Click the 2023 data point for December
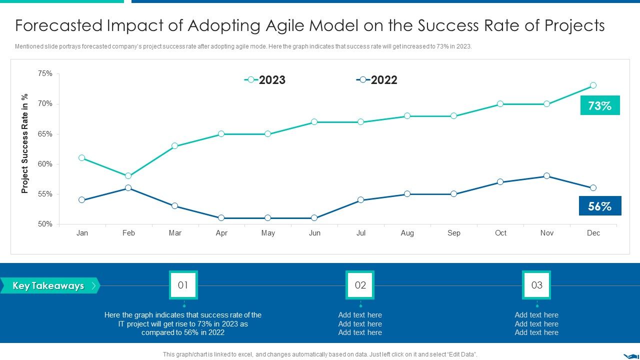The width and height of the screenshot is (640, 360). (593, 85)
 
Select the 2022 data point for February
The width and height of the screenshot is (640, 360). (128, 188)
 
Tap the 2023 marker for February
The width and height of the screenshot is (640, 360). (128, 176)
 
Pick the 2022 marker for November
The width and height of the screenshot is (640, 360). (546, 176)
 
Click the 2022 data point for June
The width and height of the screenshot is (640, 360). (314, 218)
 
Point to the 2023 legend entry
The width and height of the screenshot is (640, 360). (265, 80)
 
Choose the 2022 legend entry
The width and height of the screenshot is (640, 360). (377, 80)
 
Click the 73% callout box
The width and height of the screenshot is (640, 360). (599, 105)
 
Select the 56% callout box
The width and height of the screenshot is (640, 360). (599, 206)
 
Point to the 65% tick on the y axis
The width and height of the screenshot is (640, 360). (45, 134)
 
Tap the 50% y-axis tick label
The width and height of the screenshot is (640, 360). (45, 224)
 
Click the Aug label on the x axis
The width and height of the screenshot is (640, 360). (407, 233)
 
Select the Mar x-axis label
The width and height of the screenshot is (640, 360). (175, 233)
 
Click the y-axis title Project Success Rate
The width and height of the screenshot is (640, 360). (25, 143)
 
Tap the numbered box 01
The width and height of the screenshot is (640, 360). (183, 285)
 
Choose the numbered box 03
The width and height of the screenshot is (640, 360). (536, 285)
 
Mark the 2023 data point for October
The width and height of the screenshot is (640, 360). (500, 104)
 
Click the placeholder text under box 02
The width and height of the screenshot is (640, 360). (360, 324)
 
